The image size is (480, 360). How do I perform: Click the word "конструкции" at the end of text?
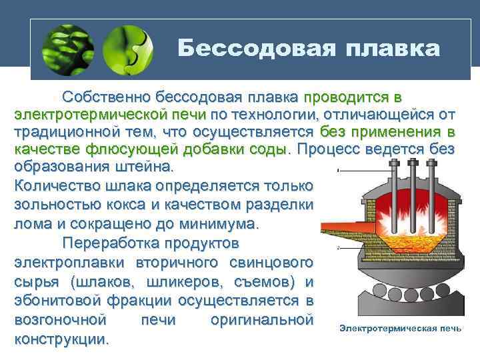61,338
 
